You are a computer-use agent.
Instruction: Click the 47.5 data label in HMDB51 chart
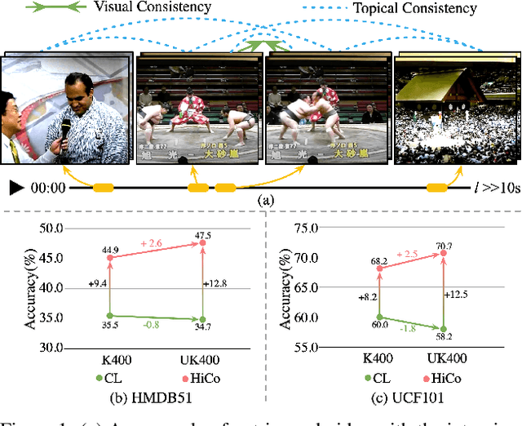[x=203, y=236]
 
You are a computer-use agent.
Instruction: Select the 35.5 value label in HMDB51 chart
[x=110, y=324]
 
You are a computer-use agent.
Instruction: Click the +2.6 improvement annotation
[x=157, y=242]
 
